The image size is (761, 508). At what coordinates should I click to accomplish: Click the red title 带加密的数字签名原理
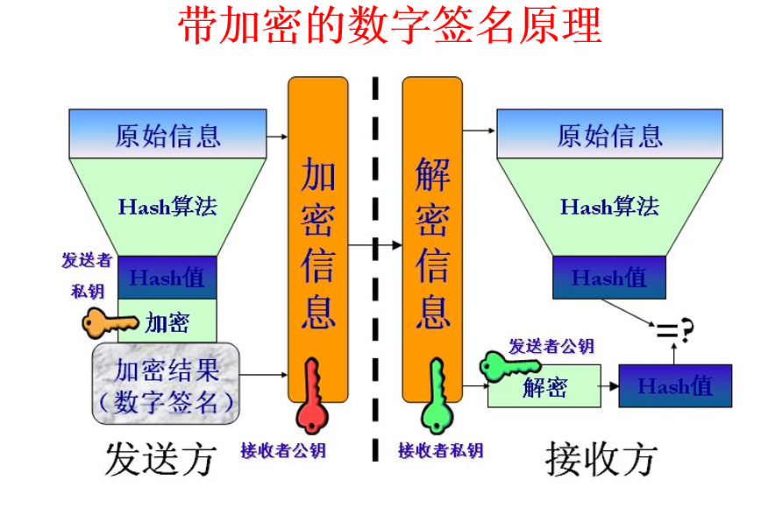390,27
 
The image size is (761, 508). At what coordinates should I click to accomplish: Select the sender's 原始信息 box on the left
167,134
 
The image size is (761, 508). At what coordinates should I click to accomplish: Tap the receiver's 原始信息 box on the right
610,134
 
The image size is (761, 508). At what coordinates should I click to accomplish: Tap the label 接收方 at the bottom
601,458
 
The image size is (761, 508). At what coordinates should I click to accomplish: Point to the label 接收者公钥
283,451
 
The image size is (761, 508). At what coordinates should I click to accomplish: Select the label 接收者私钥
440,451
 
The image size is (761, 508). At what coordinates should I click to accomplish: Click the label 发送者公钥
551,346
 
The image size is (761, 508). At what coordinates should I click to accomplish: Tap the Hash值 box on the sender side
167,278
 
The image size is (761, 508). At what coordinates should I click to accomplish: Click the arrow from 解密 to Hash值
609,385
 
